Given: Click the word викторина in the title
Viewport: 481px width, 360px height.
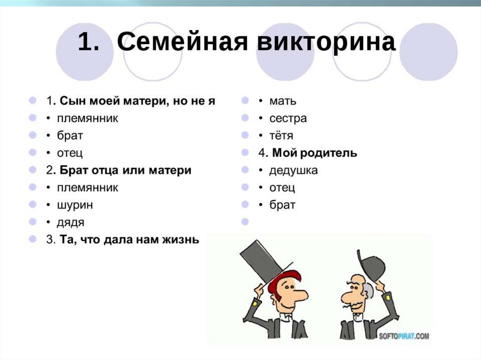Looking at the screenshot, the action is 326,42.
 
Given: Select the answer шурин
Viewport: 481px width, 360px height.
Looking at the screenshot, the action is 75,205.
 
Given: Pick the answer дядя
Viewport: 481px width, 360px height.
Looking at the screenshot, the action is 70,222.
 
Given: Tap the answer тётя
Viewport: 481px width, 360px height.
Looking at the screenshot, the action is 281,135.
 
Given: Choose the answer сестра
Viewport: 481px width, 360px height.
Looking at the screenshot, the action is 288,118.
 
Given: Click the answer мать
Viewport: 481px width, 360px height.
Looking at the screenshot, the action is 283,101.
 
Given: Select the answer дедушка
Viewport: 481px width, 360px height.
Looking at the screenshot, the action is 294,170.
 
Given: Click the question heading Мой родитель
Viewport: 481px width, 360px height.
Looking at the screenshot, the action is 315,153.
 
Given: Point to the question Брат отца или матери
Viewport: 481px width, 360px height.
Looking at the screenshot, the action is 125,170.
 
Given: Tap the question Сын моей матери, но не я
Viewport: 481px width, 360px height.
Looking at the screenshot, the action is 138,101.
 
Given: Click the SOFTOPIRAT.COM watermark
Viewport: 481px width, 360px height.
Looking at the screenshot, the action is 403,336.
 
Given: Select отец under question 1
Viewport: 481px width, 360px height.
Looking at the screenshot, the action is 70,153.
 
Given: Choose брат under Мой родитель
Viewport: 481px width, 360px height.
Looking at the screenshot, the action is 282,205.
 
